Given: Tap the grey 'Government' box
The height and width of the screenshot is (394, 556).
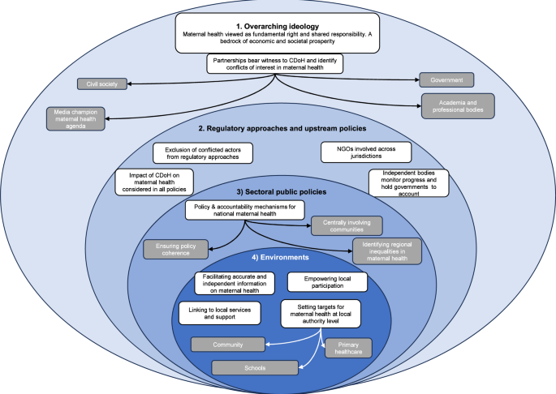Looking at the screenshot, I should click(x=446, y=79).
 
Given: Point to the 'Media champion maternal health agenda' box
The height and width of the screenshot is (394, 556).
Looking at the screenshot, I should click(x=80, y=119).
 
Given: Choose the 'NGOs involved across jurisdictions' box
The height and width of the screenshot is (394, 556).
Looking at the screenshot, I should click(x=365, y=152).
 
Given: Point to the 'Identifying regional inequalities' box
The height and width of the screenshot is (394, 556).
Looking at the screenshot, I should click(x=386, y=251).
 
